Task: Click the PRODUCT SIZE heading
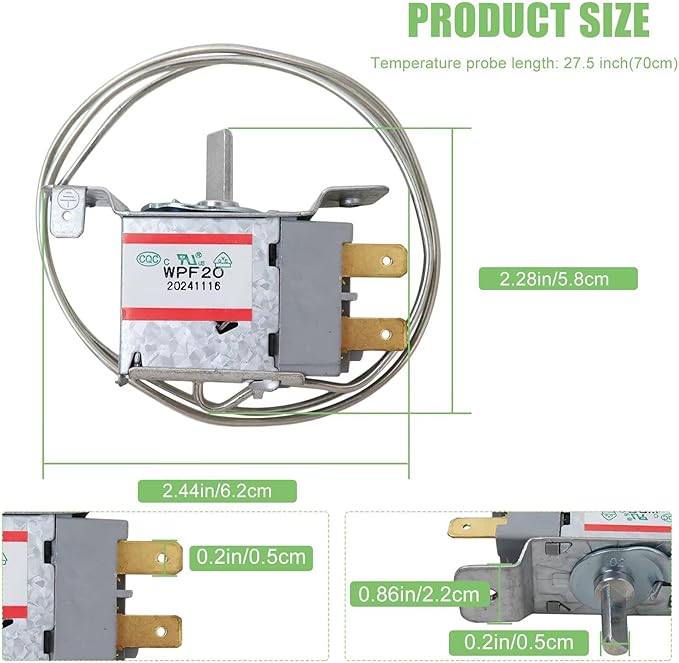pos(529,20)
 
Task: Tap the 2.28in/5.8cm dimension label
pos(554,278)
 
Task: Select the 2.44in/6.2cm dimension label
pos(217,490)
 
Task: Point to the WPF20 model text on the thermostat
pos(185,269)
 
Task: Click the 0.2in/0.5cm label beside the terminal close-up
pos(250,556)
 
